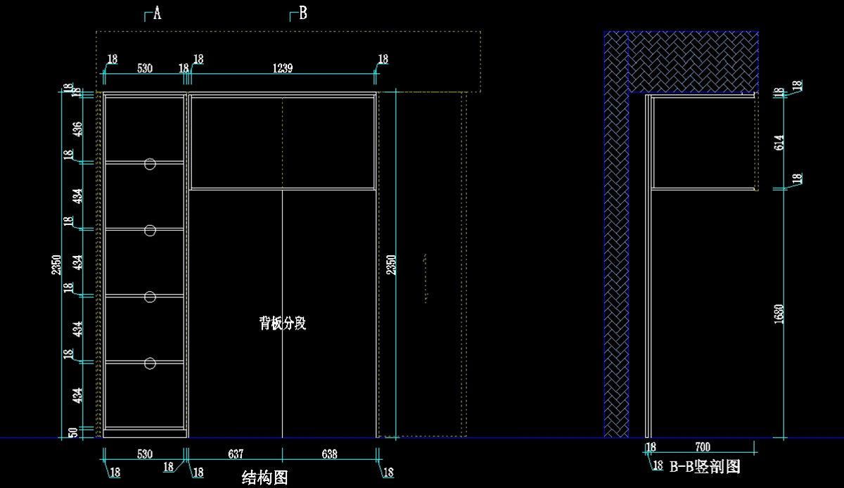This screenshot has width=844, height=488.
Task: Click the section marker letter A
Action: point(157,13)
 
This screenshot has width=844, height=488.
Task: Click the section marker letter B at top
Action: point(302,13)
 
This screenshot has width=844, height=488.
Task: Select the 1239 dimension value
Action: point(282,68)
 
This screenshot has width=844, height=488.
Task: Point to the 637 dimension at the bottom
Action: point(236,454)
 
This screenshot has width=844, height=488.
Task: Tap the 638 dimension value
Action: point(328,454)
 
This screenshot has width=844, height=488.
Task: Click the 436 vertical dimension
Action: point(77,129)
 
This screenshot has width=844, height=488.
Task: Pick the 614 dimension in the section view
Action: point(779,143)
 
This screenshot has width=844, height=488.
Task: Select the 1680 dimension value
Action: point(779,314)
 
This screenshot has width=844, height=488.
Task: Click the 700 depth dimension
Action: point(702,447)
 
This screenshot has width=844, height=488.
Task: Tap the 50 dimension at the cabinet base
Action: point(73,432)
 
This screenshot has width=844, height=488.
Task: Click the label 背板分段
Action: point(282,323)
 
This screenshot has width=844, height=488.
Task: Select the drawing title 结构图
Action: point(264,478)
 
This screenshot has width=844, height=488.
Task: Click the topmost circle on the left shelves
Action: point(149,164)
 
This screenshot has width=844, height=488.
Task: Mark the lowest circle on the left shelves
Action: point(149,363)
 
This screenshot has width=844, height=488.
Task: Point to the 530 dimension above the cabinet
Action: point(144,68)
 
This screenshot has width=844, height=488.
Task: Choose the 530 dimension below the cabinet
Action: point(144,454)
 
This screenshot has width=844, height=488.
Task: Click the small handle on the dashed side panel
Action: point(426,278)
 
